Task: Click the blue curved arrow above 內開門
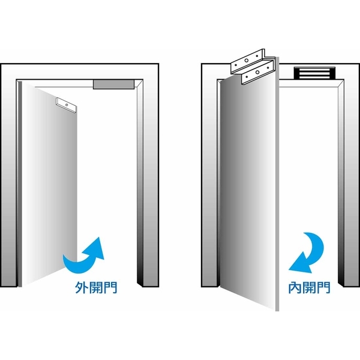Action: tap(311, 253)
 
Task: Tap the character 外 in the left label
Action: tap(82, 287)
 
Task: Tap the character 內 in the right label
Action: tap(295, 287)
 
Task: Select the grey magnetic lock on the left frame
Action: tap(113, 84)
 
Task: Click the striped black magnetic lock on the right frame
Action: tap(314, 73)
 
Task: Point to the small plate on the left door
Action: tap(66, 105)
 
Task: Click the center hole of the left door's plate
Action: tap(67, 105)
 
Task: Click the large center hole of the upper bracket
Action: tap(247, 61)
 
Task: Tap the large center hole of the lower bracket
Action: tap(257, 73)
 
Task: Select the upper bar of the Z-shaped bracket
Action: tap(247, 61)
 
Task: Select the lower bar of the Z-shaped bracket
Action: tap(258, 72)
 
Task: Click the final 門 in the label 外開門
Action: tap(110, 287)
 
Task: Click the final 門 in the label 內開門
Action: tap(324, 287)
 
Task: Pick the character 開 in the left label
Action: tap(96, 287)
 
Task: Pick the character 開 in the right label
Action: tap(309, 287)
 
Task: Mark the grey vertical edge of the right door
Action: tap(277, 184)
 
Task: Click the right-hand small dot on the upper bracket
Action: tap(257, 56)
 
